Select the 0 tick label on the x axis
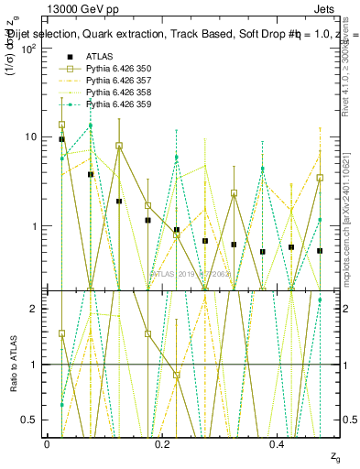point(47,443)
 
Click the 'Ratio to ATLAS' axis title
point(12,364)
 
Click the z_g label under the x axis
point(322,455)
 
